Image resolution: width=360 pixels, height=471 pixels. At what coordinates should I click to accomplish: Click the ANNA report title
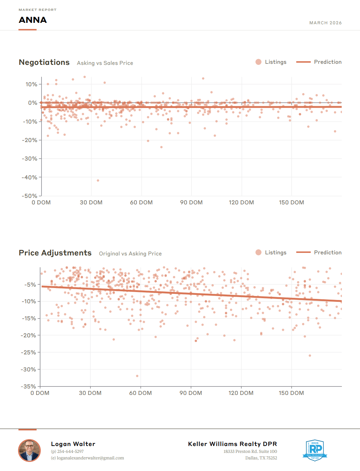(x=33, y=20)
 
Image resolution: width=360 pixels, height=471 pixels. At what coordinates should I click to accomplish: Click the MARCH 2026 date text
(x=325, y=23)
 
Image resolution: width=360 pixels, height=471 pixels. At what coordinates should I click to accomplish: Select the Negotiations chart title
(x=44, y=62)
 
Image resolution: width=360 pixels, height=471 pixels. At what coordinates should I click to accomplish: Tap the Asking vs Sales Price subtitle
(x=105, y=63)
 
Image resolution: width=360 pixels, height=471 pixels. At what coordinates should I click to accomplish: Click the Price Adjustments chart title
(x=55, y=253)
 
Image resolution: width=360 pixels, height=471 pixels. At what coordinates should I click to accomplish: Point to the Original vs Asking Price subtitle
(x=130, y=254)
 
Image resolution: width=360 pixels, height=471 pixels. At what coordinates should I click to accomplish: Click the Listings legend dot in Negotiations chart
(x=258, y=62)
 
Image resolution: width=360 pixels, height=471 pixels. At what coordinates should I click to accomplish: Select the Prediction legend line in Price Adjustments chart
(x=303, y=253)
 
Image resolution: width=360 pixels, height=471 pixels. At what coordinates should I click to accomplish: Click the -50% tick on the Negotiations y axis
(x=30, y=196)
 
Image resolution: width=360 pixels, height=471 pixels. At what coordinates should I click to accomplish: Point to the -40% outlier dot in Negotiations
(x=98, y=180)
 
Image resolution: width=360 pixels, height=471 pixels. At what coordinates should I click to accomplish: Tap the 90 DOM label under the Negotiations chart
(x=191, y=203)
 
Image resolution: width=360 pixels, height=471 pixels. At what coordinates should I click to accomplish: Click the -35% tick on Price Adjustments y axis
(x=28, y=386)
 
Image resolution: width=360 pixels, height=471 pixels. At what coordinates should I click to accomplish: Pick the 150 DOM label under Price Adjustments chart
(x=291, y=393)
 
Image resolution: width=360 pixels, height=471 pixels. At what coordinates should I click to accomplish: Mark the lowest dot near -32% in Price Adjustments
(x=137, y=376)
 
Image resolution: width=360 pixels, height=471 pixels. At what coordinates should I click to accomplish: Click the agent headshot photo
(x=29, y=451)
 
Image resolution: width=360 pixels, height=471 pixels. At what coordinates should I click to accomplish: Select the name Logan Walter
(x=73, y=444)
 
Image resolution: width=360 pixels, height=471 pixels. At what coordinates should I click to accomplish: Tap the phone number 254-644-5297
(x=70, y=451)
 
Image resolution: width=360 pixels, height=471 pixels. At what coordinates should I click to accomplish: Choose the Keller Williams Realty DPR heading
(x=233, y=444)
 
